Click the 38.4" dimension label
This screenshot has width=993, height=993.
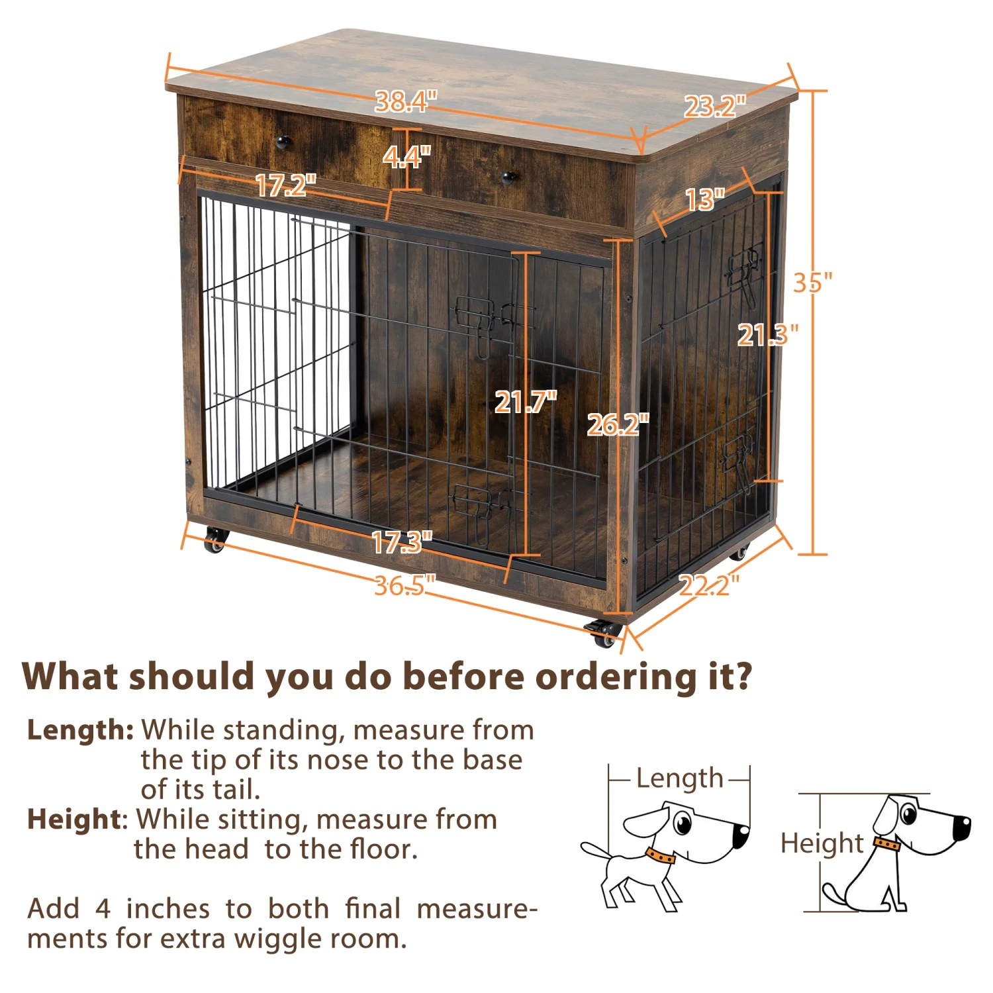406,101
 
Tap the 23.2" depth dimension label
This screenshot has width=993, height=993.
714,106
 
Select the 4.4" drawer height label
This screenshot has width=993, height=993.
406,157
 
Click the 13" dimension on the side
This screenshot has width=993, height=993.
704,199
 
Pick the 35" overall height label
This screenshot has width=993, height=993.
812,283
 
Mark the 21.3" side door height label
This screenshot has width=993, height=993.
768,335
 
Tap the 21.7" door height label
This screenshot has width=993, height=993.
526,402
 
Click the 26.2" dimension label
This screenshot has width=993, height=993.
618,424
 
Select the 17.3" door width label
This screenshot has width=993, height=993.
401,543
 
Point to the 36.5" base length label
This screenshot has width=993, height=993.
404,585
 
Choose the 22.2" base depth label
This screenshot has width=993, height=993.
708,585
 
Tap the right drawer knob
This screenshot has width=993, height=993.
508,177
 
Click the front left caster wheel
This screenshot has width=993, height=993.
215,541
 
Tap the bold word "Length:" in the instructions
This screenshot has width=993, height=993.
80,730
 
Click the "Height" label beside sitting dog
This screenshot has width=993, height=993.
821,843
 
